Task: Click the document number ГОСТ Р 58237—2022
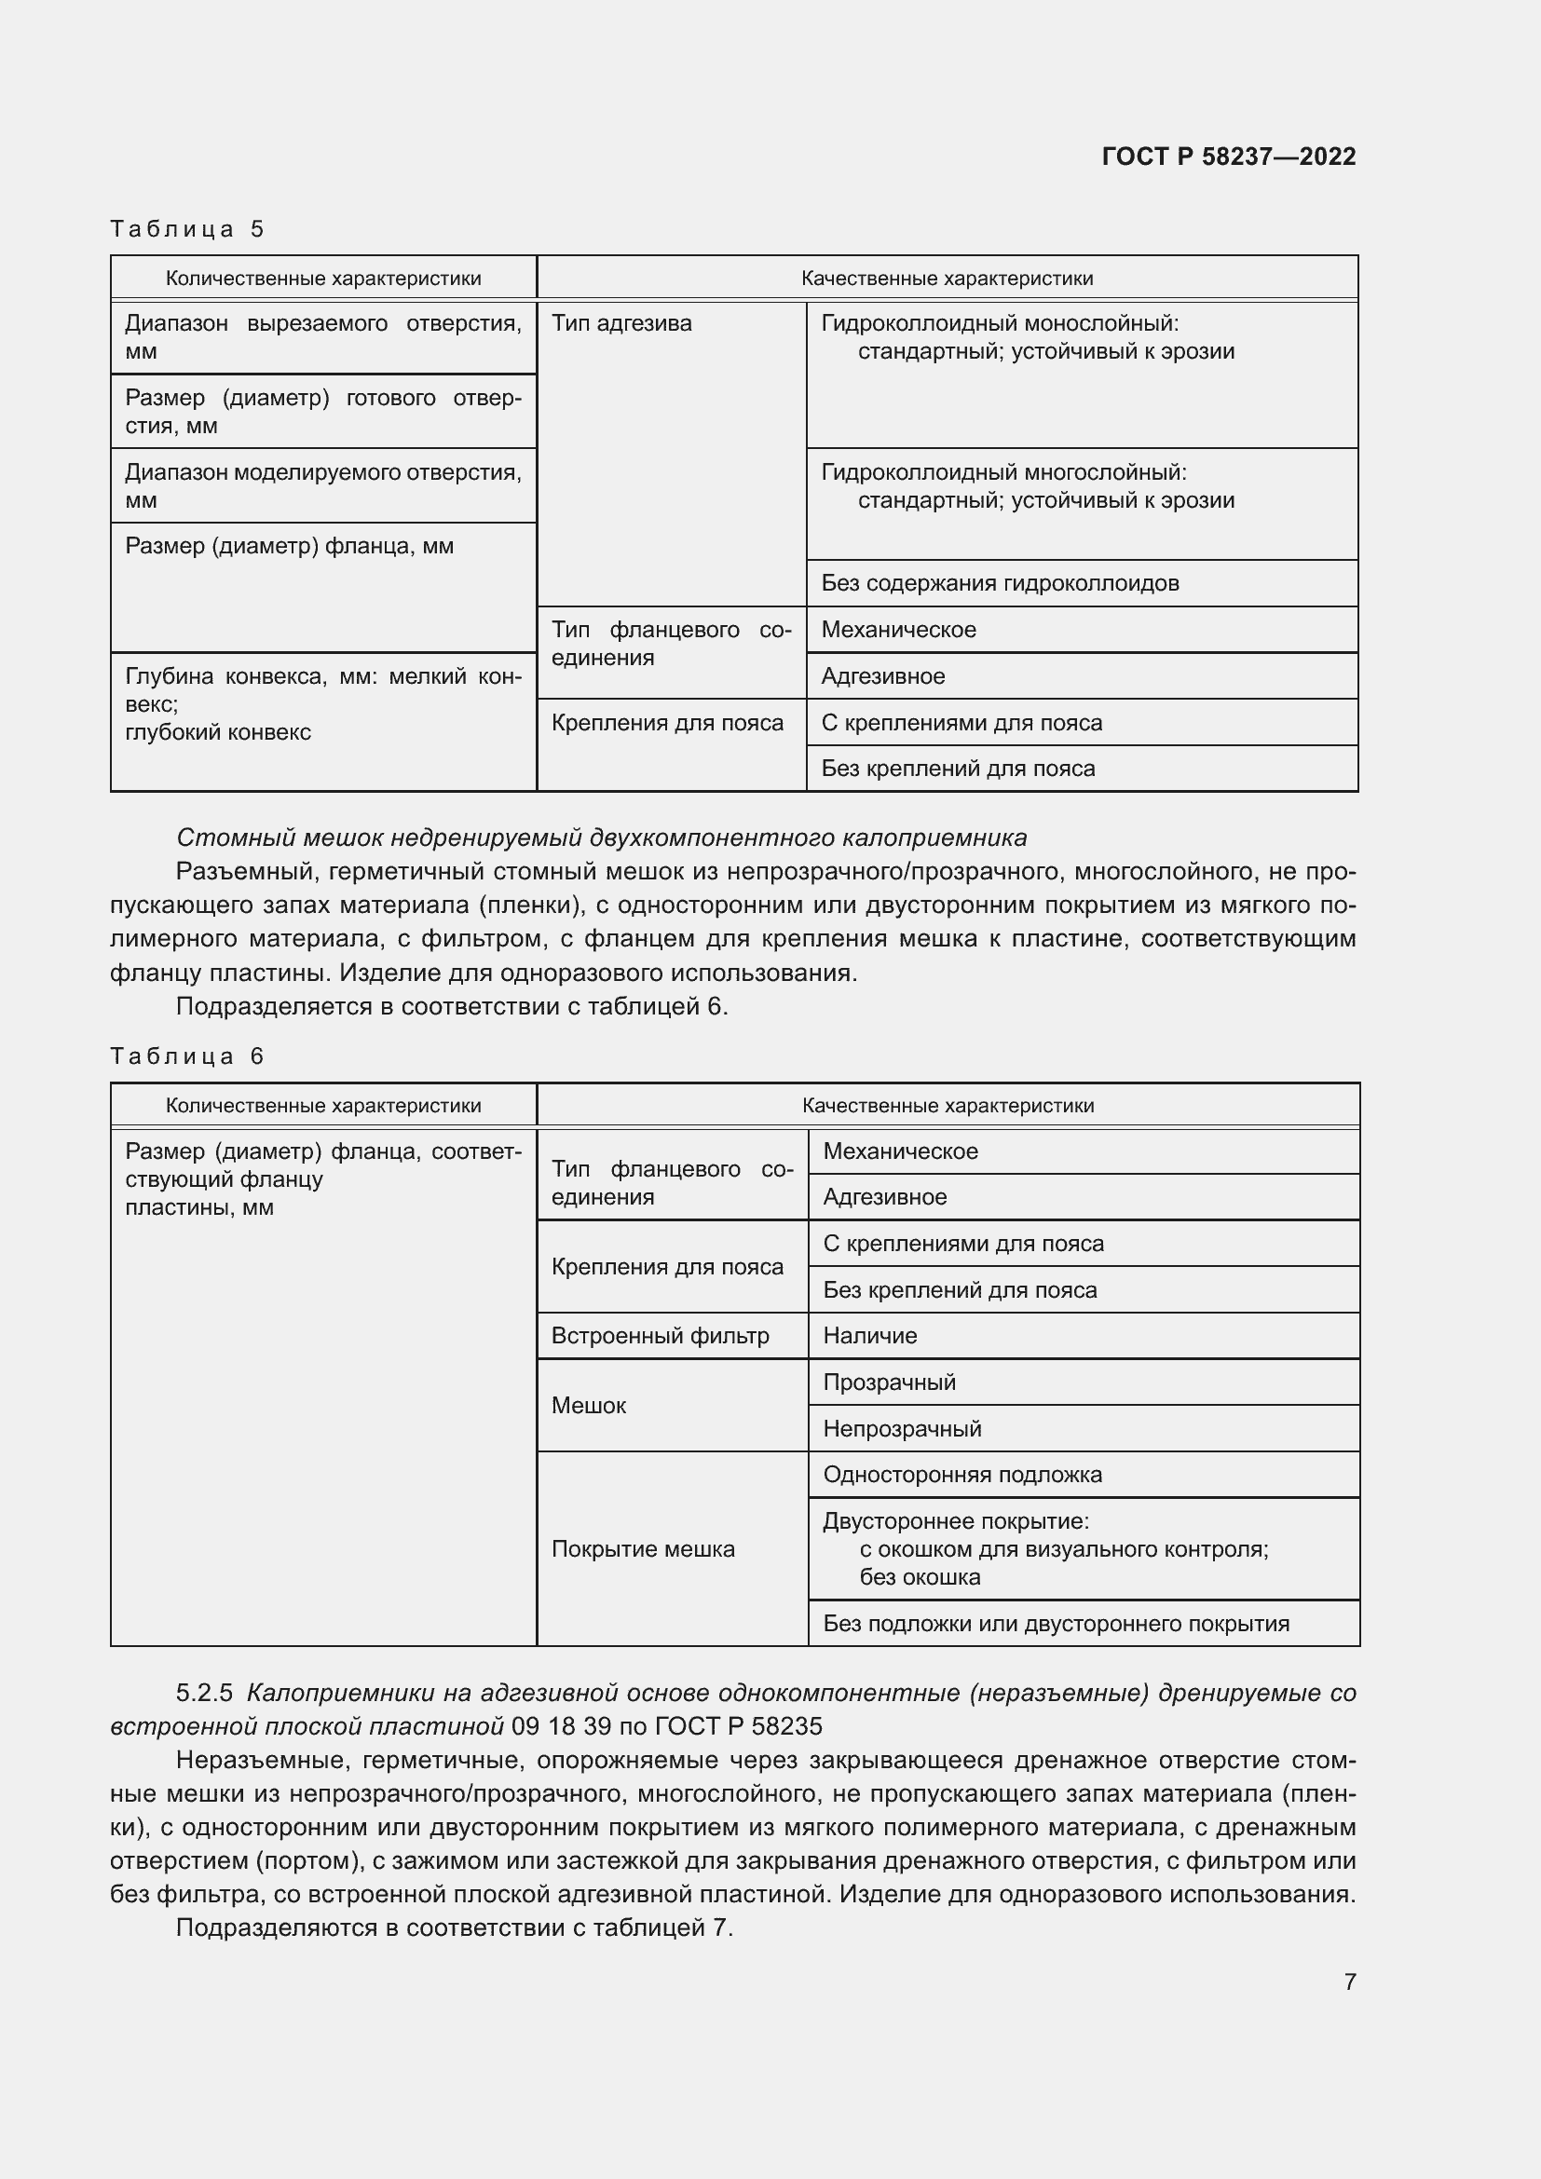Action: pos(1228,157)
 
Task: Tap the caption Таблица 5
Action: pos(186,229)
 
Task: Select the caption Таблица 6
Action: pos(186,1056)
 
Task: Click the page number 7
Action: pos(1349,1981)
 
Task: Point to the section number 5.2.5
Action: pos(204,1693)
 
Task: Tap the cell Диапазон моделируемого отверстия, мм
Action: pos(322,486)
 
